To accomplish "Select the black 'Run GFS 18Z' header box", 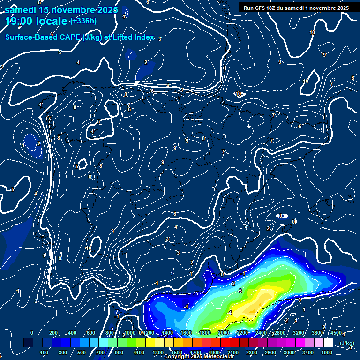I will pyautogui.click(x=296, y=7).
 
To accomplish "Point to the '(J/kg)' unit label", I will pyautogui.click(x=347, y=343).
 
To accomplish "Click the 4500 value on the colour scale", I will pyautogui.click(x=336, y=333).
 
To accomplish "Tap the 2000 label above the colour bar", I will pyautogui.click(x=223, y=333).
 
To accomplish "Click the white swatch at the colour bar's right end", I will pyautogui.click(x=341, y=343).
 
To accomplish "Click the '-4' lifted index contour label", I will pyautogui.click(x=229, y=312).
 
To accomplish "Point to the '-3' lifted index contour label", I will pyautogui.click(x=240, y=291).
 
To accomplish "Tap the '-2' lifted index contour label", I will pyautogui.click(x=232, y=284).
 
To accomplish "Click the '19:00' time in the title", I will pyautogui.click(x=18, y=21).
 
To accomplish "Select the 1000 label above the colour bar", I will pyautogui.click(x=130, y=333).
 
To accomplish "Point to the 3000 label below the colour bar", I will pyautogui.click(x=290, y=352).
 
